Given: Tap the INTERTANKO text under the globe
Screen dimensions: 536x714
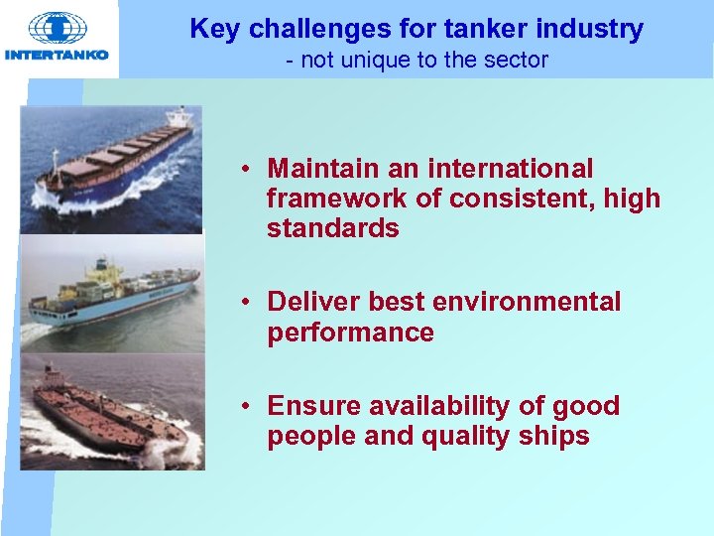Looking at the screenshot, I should pos(57,55).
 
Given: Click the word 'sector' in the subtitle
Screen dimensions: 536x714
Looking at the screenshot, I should pos(517,61).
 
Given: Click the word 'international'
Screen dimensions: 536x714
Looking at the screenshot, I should pos(511,169).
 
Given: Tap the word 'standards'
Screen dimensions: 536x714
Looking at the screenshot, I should pos(332,228).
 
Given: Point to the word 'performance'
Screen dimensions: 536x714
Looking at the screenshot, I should pos(350,333).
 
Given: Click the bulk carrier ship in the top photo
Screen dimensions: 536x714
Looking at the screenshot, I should pos(114,164).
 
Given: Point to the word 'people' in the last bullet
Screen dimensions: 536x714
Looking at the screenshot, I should pos(310,437).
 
